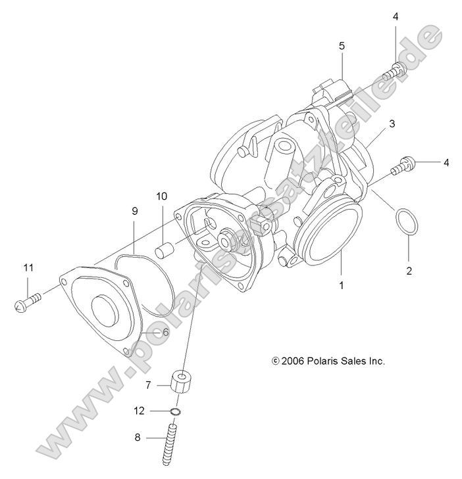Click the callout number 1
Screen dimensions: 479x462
coord(341,286)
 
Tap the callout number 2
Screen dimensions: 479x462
coord(408,271)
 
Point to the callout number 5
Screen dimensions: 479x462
coord(342,46)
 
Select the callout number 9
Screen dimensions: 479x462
coord(134,212)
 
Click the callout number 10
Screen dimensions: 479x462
coord(162,196)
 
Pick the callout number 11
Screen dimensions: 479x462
coord(28,267)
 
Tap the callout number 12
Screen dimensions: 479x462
coord(139,411)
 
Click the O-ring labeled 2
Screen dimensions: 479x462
coord(405,221)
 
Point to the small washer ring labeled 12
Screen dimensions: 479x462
coord(176,412)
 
